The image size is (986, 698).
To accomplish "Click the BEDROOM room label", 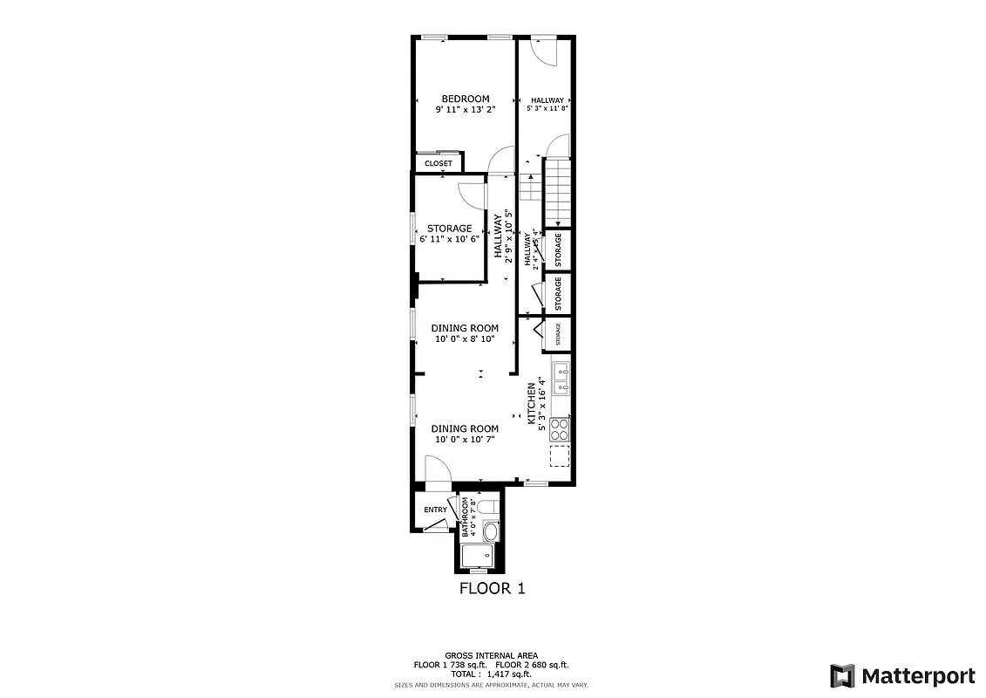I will click(465, 99).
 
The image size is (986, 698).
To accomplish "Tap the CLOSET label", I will click(439, 163).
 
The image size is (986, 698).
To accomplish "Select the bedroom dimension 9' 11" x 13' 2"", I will click(465, 111).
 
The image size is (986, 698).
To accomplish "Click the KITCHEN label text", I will click(530, 403).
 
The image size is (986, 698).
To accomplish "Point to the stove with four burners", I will click(560, 428).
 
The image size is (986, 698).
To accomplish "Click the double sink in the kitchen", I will click(560, 376).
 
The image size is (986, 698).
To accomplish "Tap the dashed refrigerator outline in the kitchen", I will click(560, 456).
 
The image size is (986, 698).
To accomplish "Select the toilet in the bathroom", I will click(488, 506).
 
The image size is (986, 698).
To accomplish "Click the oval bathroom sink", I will click(490, 530).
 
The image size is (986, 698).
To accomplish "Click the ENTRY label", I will click(435, 510).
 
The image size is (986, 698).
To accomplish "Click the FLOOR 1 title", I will click(493, 588).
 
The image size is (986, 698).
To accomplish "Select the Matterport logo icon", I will click(841, 675).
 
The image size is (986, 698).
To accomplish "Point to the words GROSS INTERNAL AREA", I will click(492, 655).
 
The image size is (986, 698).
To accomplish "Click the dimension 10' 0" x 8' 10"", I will click(465, 339).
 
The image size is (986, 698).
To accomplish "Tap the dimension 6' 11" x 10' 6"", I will click(450, 238).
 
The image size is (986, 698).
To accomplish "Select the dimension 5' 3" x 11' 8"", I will click(547, 109).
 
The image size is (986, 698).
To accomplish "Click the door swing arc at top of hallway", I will click(544, 52).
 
